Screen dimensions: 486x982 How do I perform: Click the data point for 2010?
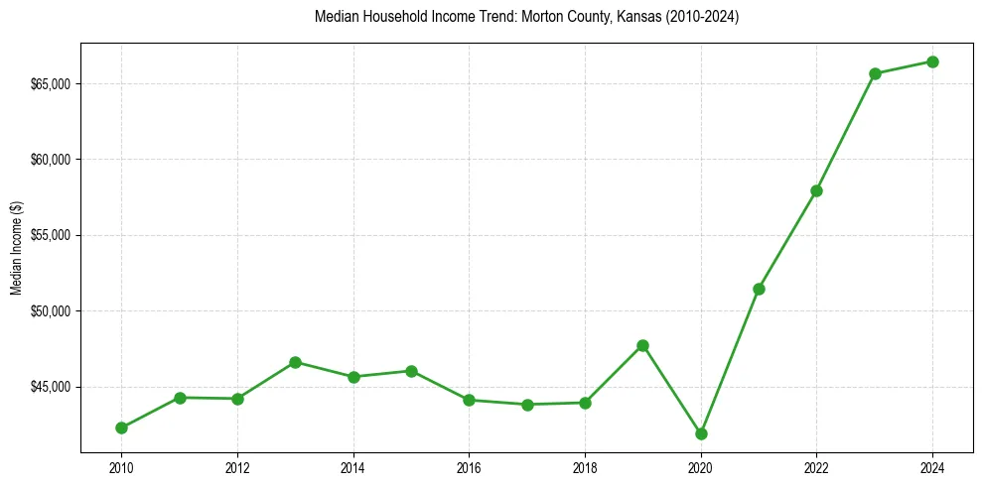pyautogui.click(x=121, y=427)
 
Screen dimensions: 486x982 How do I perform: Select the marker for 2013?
pyautogui.click(x=295, y=362)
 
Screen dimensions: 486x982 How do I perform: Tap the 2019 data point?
pyautogui.click(x=642, y=345)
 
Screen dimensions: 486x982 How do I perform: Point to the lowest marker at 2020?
pyautogui.click(x=701, y=433)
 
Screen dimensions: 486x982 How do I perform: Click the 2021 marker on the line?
pyautogui.click(x=759, y=289)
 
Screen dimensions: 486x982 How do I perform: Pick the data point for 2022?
pyautogui.click(x=816, y=190)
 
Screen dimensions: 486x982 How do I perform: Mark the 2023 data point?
pyautogui.click(x=875, y=73)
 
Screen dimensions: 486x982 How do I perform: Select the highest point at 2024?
pyautogui.click(x=932, y=61)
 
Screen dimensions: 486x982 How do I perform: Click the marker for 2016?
pyautogui.click(x=469, y=400)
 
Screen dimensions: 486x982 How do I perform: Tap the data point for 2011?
pyautogui.click(x=180, y=398)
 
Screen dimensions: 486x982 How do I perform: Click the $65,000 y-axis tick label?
pyautogui.click(x=51, y=84)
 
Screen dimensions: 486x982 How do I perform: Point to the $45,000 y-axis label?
pyautogui.click(x=51, y=387)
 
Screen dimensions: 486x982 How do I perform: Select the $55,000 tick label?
pyautogui.click(x=51, y=236)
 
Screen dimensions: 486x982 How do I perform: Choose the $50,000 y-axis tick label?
pyautogui.click(x=51, y=311)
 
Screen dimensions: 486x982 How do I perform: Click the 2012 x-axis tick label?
pyautogui.click(x=237, y=467)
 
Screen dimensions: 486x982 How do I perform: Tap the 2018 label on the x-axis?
pyautogui.click(x=585, y=467)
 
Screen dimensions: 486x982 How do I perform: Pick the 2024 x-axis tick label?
pyautogui.click(x=932, y=467)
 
